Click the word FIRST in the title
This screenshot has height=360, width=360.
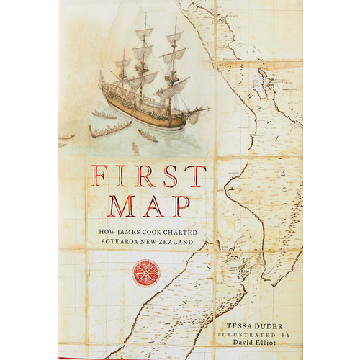tap(148, 176)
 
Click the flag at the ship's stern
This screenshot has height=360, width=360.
tap(102, 78)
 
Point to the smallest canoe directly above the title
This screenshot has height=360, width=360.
tap(136, 148)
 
